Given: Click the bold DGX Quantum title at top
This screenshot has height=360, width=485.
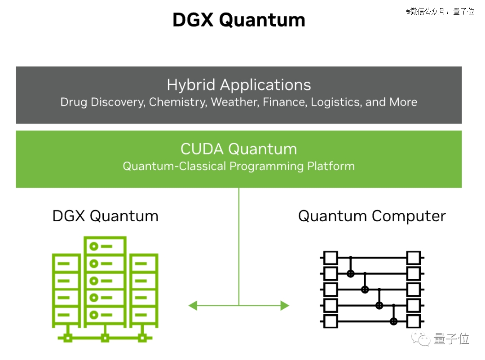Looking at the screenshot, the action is [239, 20].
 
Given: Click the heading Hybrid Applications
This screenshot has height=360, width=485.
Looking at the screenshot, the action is [239, 85].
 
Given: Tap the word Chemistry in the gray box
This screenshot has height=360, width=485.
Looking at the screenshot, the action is [178, 102].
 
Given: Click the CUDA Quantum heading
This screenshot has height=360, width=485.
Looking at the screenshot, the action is [239, 149].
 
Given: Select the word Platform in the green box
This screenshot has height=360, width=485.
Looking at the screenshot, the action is [331, 166].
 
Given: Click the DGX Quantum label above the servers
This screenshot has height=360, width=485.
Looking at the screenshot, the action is [106, 216].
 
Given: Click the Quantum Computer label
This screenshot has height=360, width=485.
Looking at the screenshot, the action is [372, 216].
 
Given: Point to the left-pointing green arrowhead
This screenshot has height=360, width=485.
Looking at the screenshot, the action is [193, 306].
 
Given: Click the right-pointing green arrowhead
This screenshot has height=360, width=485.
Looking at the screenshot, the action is [285, 306].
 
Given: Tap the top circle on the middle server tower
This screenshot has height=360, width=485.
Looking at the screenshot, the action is [94, 246].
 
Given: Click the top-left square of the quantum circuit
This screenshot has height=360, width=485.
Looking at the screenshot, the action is [331, 258].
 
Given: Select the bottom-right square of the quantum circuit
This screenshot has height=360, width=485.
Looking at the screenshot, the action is [413, 321].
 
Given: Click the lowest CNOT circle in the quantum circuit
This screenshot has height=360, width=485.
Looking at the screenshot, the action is [393, 321].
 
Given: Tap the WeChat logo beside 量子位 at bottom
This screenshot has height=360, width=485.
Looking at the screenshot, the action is [420, 338].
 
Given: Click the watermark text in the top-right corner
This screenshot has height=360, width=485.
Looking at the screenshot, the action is [441, 11].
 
